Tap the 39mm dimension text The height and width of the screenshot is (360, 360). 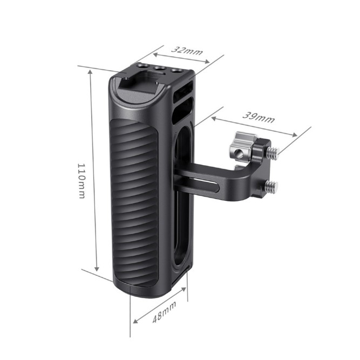click(258, 118)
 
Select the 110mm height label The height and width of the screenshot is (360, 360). click(81, 181)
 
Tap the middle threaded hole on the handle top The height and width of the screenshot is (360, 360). click(160, 69)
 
